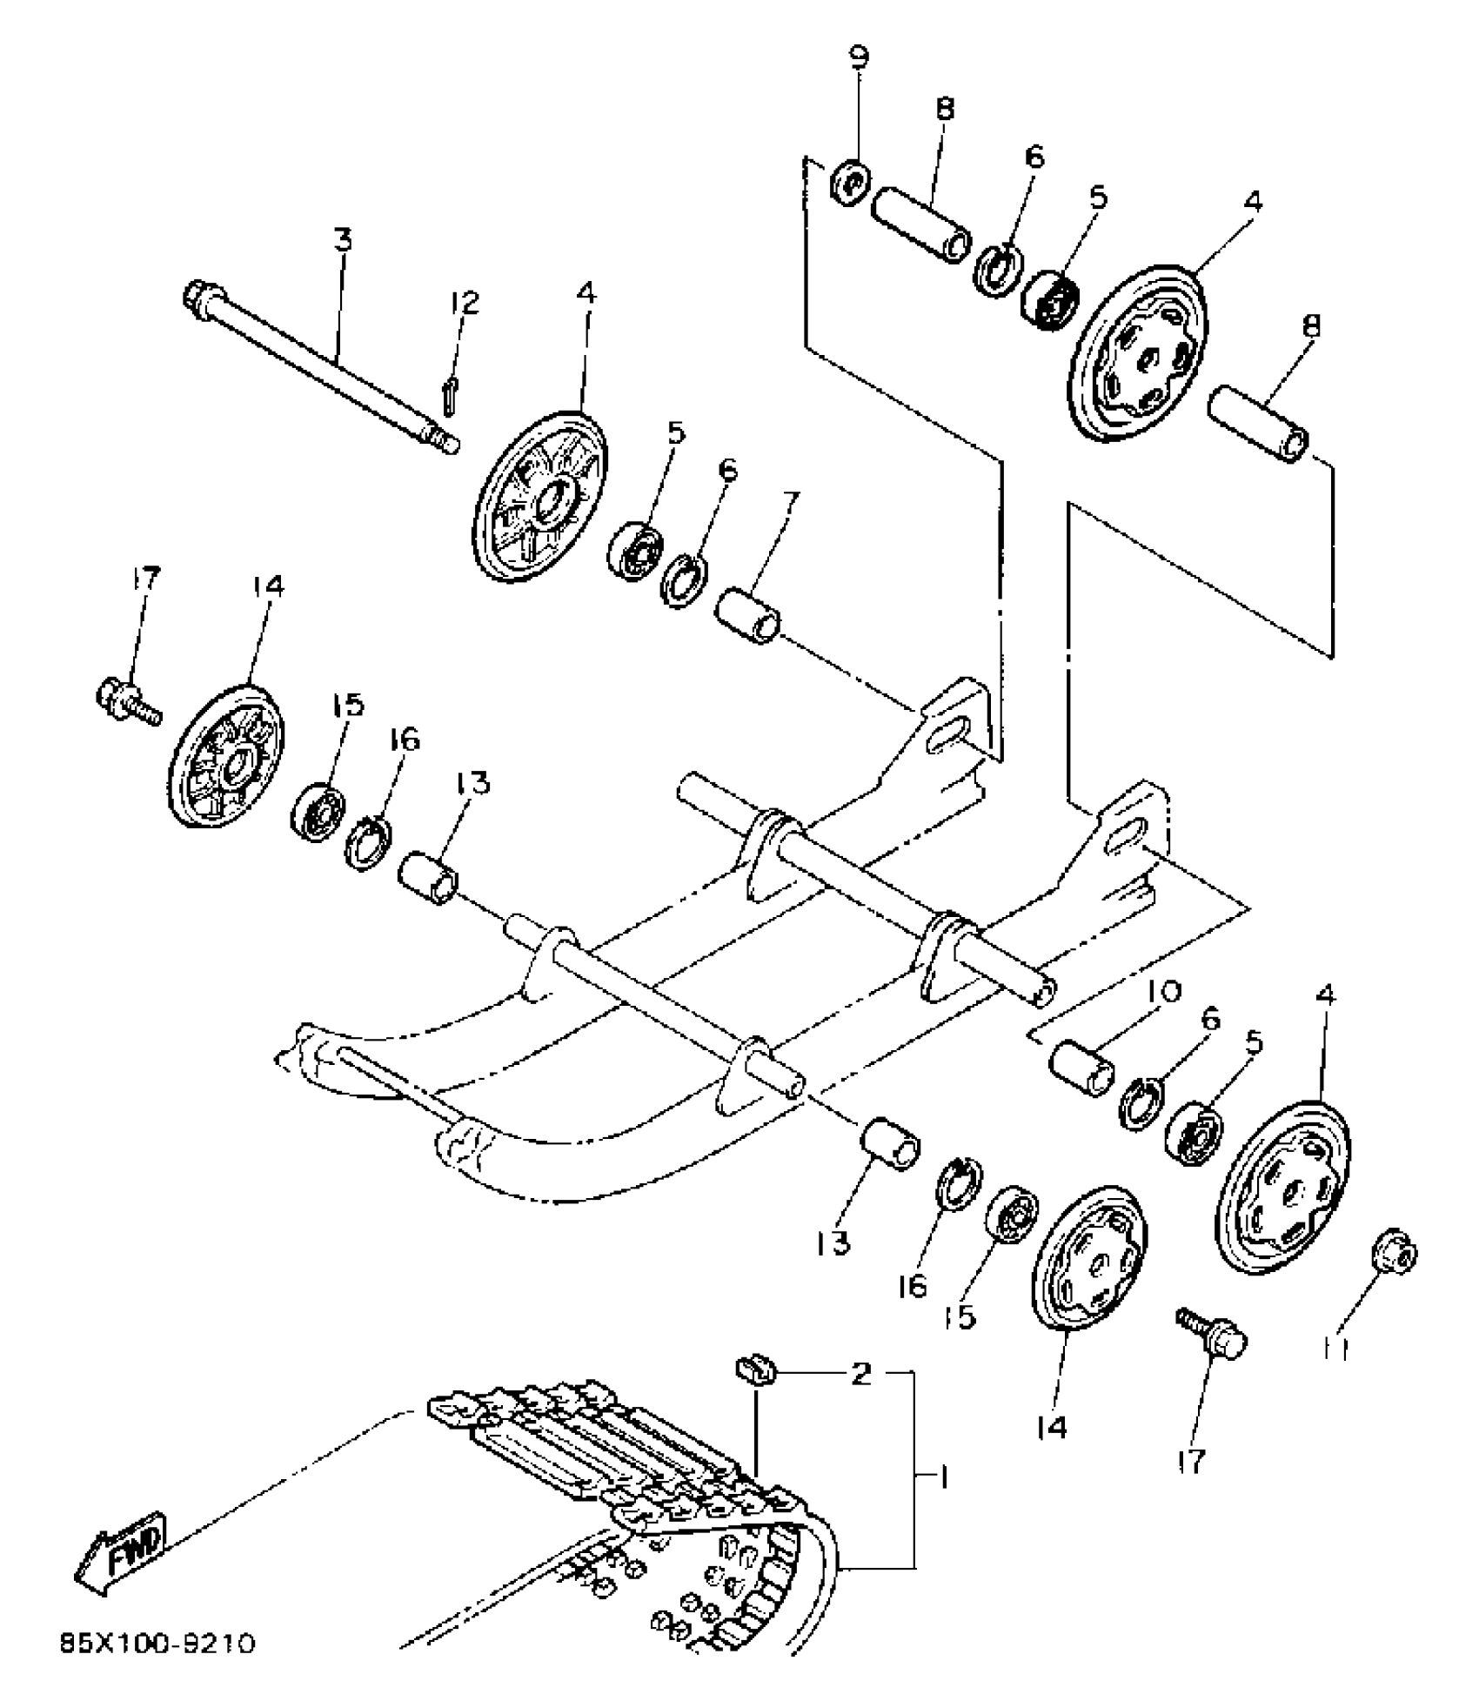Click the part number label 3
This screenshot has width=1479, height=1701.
point(345,238)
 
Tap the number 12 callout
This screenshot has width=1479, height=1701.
point(464,304)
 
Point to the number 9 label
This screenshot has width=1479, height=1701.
point(858,57)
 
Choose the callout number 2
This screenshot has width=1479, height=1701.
point(860,1374)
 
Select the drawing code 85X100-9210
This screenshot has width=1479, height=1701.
point(157,1644)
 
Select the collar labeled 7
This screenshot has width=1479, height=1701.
point(749,615)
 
